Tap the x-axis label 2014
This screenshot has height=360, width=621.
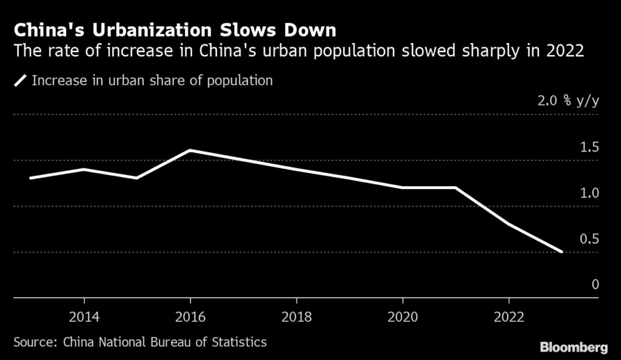[x=84, y=317]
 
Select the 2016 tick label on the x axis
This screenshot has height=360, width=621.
[x=190, y=317]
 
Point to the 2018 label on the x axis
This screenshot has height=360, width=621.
[x=296, y=317]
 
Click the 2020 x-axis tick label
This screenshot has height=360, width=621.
[x=403, y=317]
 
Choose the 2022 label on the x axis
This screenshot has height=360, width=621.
[x=509, y=317]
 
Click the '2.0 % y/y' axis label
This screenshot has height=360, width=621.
[x=568, y=101]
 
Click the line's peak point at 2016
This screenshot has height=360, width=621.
[x=190, y=150]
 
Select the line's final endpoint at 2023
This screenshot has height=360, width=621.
[x=562, y=252]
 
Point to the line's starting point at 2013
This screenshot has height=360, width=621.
[x=30, y=178]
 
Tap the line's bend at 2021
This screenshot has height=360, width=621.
[x=455, y=188]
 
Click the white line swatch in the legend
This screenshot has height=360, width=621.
[x=21, y=81]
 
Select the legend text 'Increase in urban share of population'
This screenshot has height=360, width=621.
[x=152, y=81]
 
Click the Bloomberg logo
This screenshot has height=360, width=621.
[x=574, y=347]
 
